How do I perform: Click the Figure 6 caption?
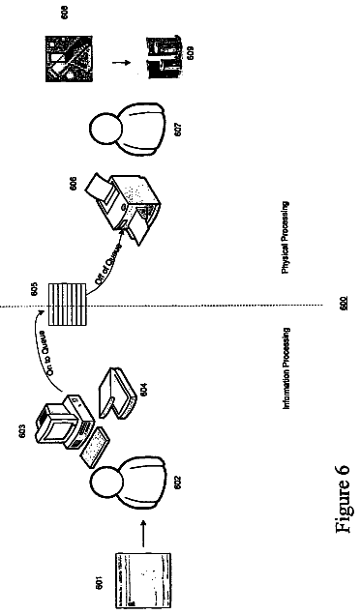[x=342, y=499]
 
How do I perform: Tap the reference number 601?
[x=100, y=583]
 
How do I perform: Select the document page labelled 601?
[x=143, y=580]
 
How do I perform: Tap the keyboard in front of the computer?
[x=94, y=447]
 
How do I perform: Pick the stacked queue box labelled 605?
[x=67, y=304]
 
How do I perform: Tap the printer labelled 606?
[x=125, y=209]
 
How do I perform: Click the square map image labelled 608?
[x=69, y=59]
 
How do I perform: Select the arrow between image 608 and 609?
[x=121, y=62]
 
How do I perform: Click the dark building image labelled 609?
[x=165, y=58]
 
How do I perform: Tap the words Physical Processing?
[x=285, y=237]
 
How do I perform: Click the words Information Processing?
[x=286, y=369]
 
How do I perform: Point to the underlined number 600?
[x=344, y=303]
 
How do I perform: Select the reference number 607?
[x=178, y=129]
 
